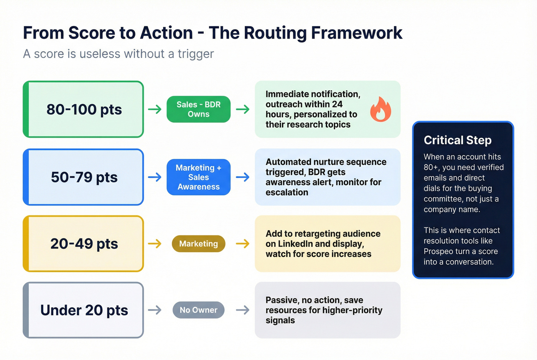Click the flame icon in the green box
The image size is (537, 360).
click(x=381, y=110)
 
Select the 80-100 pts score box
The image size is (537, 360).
click(x=84, y=110)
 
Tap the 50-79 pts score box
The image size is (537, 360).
click(x=84, y=177)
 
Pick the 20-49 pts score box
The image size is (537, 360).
click(x=84, y=244)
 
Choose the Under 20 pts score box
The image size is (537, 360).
click(x=84, y=310)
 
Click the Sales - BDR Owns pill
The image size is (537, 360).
click(x=198, y=109)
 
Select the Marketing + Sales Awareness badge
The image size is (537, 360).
click(x=198, y=177)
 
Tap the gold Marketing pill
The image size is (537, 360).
click(x=198, y=244)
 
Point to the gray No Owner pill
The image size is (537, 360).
click(x=198, y=310)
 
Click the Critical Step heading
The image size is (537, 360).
click(x=457, y=140)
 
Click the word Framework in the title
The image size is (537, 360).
click(x=357, y=33)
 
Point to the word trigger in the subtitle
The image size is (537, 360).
click(x=196, y=54)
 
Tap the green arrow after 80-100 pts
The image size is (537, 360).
click(x=155, y=109)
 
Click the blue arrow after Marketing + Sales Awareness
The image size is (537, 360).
click(x=242, y=177)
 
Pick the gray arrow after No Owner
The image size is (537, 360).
click(x=242, y=310)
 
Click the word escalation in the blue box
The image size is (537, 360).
click(x=287, y=192)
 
